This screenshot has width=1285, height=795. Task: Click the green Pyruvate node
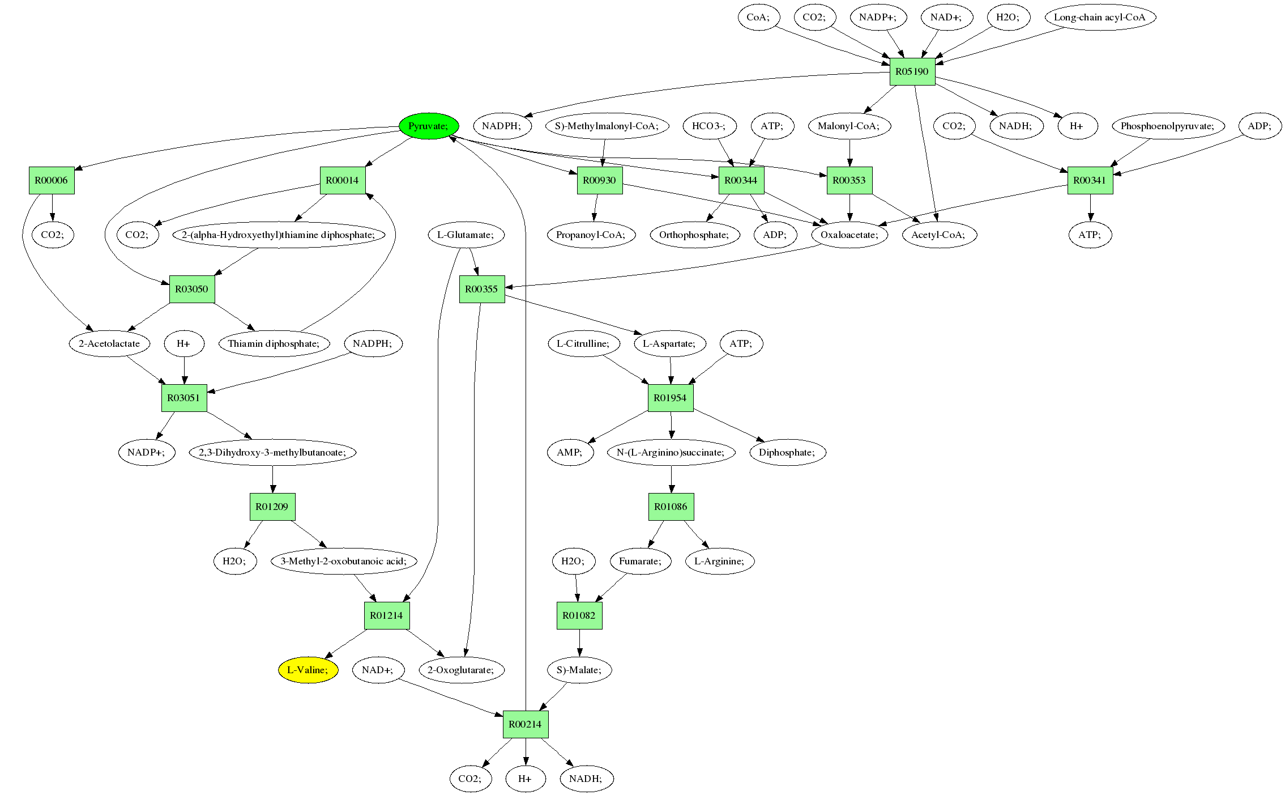(428, 126)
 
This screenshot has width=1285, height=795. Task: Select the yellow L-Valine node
(308, 670)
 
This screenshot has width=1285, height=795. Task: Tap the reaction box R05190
(912, 71)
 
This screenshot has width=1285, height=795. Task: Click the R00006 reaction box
(52, 180)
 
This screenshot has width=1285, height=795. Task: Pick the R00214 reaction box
(526, 724)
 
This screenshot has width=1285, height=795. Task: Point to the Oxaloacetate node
(849, 235)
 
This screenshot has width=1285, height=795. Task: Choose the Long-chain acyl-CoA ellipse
(1099, 17)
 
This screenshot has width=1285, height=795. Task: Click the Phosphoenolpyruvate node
(1168, 126)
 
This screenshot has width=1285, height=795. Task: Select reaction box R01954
(671, 398)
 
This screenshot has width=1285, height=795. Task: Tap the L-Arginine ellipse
(719, 561)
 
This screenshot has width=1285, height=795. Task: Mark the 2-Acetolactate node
(110, 343)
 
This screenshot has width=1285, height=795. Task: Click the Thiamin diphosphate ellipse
(274, 343)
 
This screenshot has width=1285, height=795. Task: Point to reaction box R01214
(386, 615)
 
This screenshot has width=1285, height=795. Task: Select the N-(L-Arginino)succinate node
(671, 452)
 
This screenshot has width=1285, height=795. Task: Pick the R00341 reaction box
(1090, 180)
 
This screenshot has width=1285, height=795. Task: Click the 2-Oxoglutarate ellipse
(461, 670)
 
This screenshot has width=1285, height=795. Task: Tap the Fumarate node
(640, 561)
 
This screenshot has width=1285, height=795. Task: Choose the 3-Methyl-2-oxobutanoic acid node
(344, 561)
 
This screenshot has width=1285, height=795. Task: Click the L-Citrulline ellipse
(583, 343)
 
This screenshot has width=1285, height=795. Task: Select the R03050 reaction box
(192, 289)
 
